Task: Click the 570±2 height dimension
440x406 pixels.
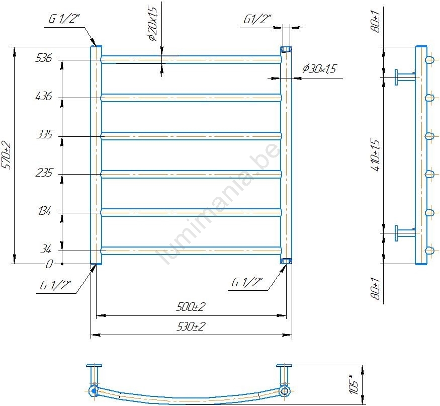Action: click(6, 156)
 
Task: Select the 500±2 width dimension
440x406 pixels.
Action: click(191, 306)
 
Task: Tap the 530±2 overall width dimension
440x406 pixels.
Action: click(191, 327)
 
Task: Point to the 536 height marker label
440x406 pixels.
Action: click(44, 58)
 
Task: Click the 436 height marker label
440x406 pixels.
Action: click(44, 96)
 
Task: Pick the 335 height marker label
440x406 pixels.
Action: click(44, 134)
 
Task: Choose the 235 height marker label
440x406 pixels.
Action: click(44, 173)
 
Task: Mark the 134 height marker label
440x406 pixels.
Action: click(45, 211)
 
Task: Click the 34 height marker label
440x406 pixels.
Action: click(46, 249)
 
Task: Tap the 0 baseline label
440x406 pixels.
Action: click(49, 264)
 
